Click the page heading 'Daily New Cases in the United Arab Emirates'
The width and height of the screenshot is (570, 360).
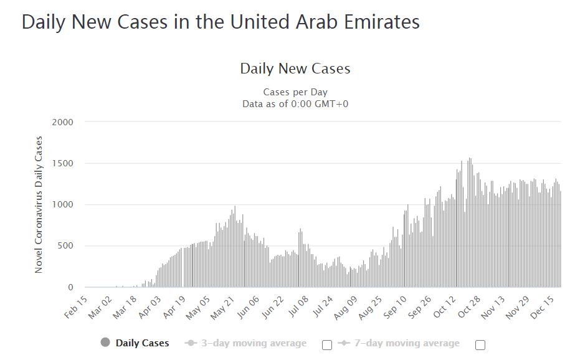(221, 22)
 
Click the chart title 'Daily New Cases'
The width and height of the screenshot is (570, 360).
(295, 69)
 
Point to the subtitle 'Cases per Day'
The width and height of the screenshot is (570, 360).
(295, 92)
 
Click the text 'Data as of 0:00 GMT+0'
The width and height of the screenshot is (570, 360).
(295, 103)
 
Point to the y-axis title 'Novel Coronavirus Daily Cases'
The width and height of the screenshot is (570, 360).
(39, 204)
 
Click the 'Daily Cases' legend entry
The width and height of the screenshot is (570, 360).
(142, 343)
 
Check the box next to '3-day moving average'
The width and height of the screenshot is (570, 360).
(327, 344)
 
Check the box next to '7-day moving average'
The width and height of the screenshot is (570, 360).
(480, 344)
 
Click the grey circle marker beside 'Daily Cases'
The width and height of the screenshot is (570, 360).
(105, 343)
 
